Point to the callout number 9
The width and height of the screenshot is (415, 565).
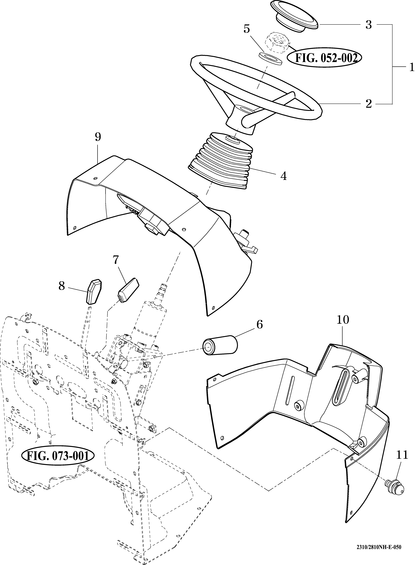[98, 137]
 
